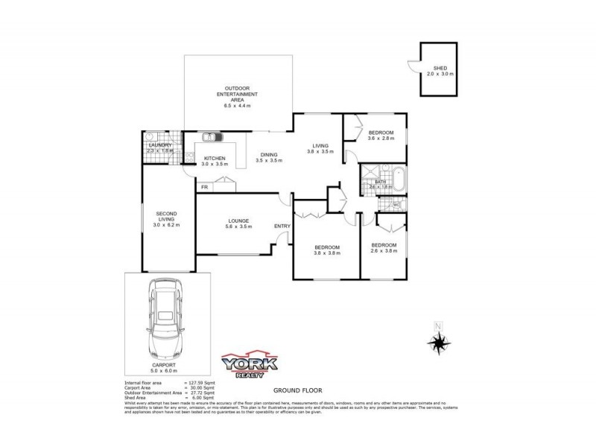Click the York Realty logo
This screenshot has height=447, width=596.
click(x=250, y=364)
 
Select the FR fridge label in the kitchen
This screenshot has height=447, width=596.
click(x=204, y=187)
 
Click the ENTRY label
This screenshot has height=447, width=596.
click(x=282, y=226)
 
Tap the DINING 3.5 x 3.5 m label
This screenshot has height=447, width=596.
click(x=268, y=157)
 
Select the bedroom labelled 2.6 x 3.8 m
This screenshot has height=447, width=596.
click(x=384, y=249)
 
